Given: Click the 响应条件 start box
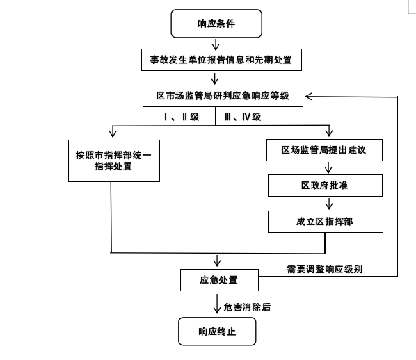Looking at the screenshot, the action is tap(216, 24).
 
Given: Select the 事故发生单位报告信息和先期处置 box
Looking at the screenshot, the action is tap(221, 60).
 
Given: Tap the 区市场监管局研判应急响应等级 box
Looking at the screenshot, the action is tap(223, 96).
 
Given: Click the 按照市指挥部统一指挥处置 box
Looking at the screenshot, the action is tap(114, 161).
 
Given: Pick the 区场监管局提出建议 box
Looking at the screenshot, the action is tap(324, 150).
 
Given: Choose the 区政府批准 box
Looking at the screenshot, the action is tap(325, 186).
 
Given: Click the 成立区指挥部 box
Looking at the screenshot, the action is tap(326, 222).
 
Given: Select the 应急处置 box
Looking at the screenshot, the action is tap(219, 280).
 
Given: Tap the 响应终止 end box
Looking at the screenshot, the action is tap(217, 332).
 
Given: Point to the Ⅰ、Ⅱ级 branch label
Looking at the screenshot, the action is tap(182, 117).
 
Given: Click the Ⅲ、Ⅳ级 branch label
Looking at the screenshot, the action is tap(243, 117).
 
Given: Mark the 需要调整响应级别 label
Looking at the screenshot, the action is tap(324, 270).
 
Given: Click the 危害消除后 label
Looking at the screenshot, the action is tap(247, 307).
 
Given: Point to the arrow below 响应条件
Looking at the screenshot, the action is tap(216, 44).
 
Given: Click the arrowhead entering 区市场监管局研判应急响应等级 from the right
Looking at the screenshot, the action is tap(309, 96).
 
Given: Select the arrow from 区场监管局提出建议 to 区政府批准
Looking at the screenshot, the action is tap(328, 167).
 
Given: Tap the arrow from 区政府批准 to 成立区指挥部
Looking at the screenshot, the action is tap(329, 204).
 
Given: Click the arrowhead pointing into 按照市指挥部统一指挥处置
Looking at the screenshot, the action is tap(113, 133).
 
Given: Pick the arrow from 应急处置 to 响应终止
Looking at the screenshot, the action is tap(217, 304).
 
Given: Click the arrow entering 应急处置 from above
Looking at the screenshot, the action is tap(217, 261).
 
